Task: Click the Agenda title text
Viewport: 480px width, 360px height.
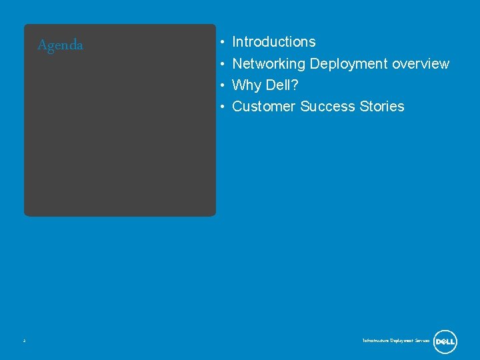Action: (60, 45)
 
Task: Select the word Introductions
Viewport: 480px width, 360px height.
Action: (273, 42)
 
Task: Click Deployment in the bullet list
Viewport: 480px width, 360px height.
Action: (349, 64)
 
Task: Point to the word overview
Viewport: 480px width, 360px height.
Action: (421, 64)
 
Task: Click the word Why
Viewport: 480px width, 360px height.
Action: (247, 85)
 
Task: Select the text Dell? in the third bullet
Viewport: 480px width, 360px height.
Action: (282, 85)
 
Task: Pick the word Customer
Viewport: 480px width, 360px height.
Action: (263, 107)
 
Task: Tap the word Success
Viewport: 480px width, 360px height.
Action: (327, 107)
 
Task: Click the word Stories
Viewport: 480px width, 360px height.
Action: (382, 107)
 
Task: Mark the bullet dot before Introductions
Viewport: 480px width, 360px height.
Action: (221, 43)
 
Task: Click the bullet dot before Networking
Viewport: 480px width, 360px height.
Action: (221, 65)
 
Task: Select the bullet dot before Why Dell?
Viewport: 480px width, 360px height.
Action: (221, 86)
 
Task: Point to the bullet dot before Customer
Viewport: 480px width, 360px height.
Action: (221, 107)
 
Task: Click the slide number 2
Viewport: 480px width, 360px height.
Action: (24, 341)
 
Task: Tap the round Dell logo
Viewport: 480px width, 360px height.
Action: (445, 341)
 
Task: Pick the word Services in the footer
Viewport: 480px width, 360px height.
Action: (422, 341)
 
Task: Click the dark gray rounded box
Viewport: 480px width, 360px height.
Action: (120, 133)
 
